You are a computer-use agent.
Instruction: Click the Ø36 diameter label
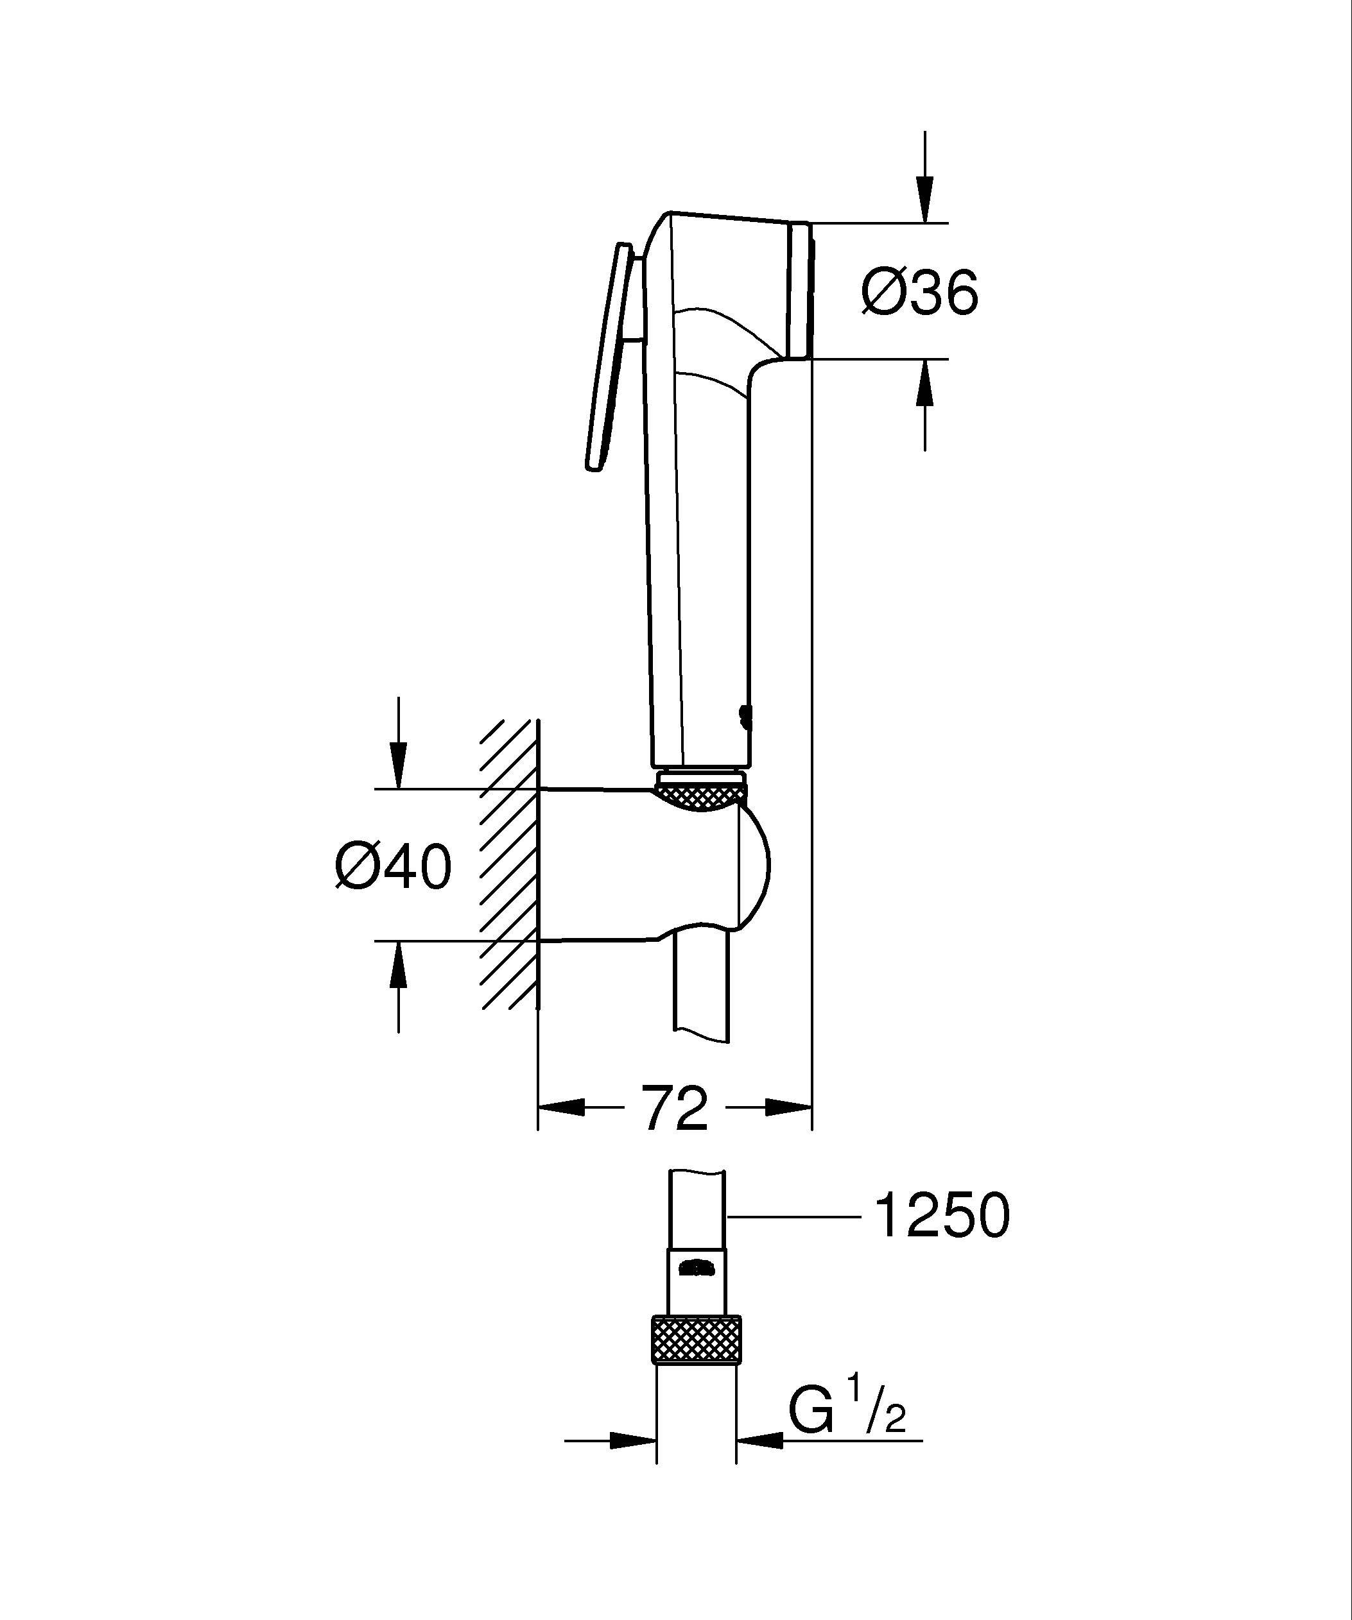coord(920,294)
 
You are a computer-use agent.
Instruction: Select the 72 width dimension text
coord(675,1109)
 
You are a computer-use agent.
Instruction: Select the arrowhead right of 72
coord(787,1108)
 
